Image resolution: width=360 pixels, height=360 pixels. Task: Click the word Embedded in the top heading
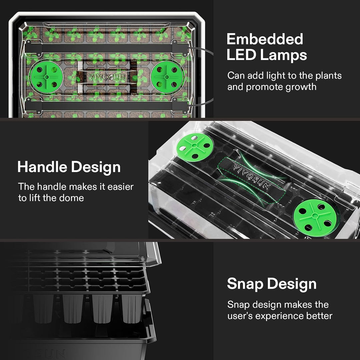pyautogui.click(x=265, y=39)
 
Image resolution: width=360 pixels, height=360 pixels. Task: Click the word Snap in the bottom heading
pyautogui.click(x=244, y=284)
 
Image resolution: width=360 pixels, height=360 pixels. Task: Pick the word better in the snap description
pyautogui.click(x=320, y=316)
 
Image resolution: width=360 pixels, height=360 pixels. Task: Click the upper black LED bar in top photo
pyautogui.click(x=107, y=49)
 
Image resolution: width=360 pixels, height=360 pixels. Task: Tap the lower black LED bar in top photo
pyautogui.click(x=107, y=106)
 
